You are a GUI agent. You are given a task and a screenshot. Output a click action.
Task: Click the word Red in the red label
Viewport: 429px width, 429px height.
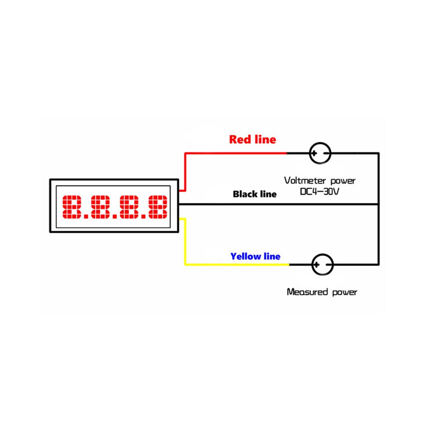[x=240, y=140]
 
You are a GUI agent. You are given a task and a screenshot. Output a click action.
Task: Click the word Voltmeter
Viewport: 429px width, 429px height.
[x=305, y=180]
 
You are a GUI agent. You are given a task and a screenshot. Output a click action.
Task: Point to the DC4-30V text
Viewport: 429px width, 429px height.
[x=319, y=191]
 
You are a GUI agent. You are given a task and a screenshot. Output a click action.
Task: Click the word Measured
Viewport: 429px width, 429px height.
[x=307, y=292]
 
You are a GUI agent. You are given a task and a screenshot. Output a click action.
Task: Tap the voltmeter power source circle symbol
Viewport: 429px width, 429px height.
[x=320, y=153]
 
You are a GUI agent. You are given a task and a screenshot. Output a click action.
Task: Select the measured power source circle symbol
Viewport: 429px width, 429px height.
[x=322, y=265]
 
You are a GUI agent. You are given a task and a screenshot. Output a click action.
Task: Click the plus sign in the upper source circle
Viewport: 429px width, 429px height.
[x=314, y=153]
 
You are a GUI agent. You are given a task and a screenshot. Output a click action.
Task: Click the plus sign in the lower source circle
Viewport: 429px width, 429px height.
[x=317, y=265]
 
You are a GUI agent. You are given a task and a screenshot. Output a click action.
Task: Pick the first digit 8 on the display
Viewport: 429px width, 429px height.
[x=71, y=207]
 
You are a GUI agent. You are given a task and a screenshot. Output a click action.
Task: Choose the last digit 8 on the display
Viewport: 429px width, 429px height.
[x=158, y=207]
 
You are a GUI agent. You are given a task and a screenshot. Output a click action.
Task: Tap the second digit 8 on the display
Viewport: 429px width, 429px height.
[x=100, y=207]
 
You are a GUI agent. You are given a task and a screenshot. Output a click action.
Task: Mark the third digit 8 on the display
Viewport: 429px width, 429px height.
[x=129, y=207]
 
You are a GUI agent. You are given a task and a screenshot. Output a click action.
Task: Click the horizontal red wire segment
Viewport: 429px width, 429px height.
[x=236, y=153]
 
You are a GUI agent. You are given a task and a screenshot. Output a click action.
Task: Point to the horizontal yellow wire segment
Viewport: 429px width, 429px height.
[x=237, y=265]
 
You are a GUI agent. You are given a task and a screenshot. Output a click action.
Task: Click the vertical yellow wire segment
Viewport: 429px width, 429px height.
[x=185, y=242]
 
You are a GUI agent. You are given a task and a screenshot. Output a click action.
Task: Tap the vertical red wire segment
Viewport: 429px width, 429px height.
[x=185, y=172]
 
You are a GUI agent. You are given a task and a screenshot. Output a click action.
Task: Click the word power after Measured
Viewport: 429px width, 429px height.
[x=345, y=292]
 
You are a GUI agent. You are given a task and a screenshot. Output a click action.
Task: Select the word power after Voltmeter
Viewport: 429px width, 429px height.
[x=343, y=181]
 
